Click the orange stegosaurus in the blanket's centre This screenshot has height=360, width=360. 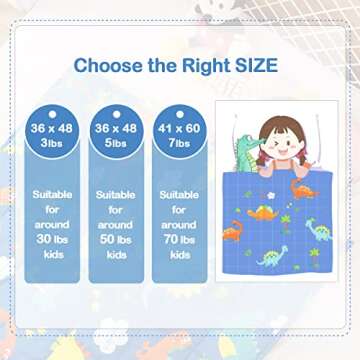pos(262,211)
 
